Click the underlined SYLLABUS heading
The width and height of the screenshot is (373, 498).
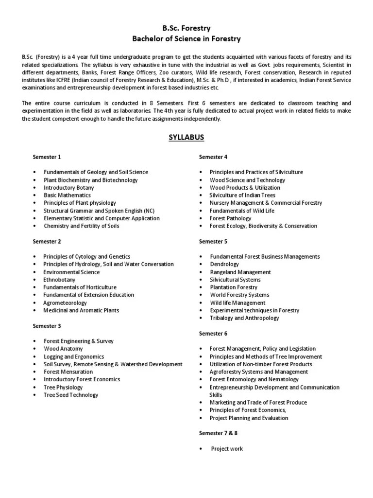[186, 137]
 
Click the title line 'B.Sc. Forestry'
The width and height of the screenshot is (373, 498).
[186, 29]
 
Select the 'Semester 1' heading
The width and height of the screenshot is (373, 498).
[47, 157]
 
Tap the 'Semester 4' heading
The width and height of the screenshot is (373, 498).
[213, 157]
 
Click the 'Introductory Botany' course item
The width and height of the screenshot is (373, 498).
[69, 188]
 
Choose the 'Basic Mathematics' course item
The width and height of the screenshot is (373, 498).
[67, 196]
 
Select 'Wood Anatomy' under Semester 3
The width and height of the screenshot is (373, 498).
[63, 349]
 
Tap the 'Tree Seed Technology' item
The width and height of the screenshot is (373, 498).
[71, 395]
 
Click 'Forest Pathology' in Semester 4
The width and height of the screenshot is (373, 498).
[231, 218]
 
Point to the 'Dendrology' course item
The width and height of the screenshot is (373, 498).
[224, 264]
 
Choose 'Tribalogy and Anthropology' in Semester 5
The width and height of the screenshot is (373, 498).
[244, 318]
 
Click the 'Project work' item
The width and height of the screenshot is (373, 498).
[227, 448]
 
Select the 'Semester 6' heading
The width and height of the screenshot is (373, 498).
[213, 334]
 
